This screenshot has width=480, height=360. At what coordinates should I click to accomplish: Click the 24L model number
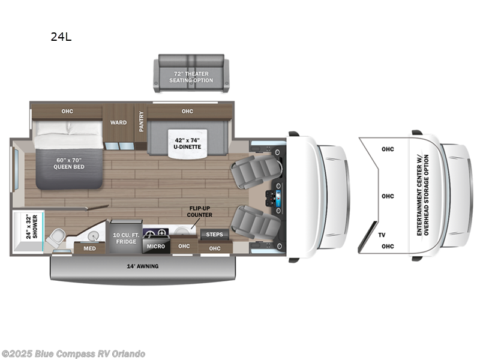(61, 37)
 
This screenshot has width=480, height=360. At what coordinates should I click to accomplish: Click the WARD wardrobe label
(118, 122)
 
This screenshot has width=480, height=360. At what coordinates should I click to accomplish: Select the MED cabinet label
(89, 248)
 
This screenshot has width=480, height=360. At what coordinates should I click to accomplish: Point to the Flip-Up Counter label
(199, 212)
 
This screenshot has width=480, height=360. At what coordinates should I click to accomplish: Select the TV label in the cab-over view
(382, 236)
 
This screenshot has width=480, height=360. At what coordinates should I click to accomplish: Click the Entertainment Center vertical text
(422, 194)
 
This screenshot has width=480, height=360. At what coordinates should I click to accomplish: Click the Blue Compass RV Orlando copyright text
(73, 354)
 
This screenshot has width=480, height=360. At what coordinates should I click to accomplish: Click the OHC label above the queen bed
(67, 111)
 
